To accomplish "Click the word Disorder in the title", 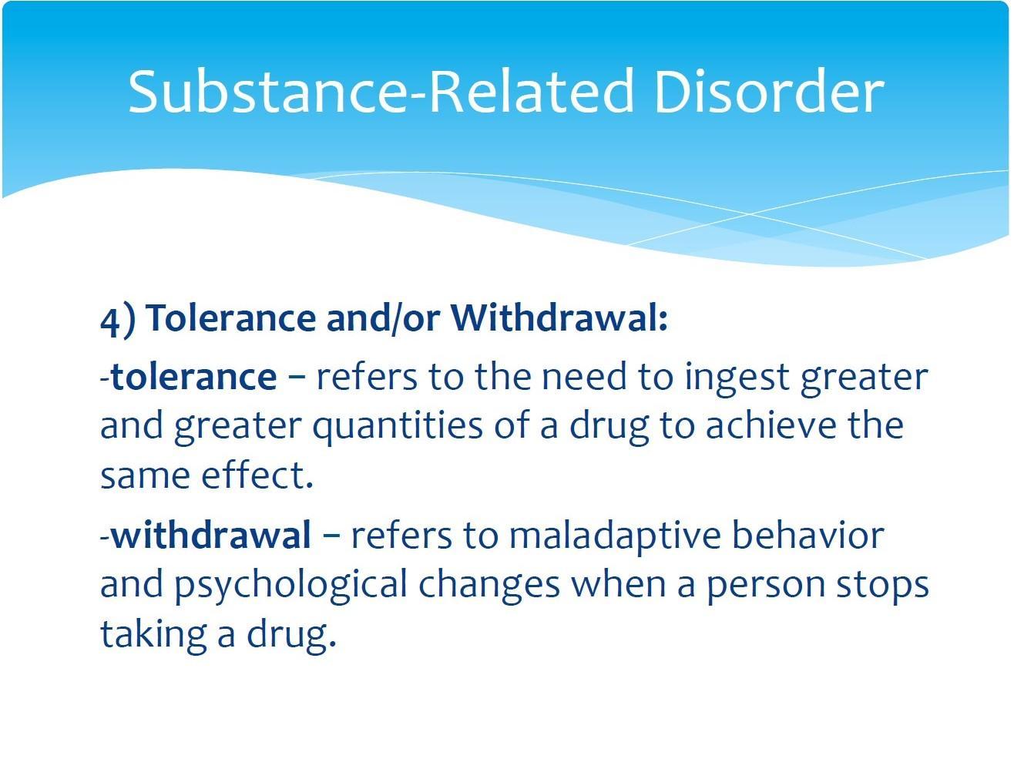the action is click(x=768, y=92).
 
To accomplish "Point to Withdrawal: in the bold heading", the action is click(x=559, y=317).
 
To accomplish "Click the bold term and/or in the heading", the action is click(x=384, y=319).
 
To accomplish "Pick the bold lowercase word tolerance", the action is click(x=194, y=377).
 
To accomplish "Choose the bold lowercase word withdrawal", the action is click(x=211, y=536).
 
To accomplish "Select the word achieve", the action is click(x=771, y=425).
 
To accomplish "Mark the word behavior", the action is click(x=808, y=535).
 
